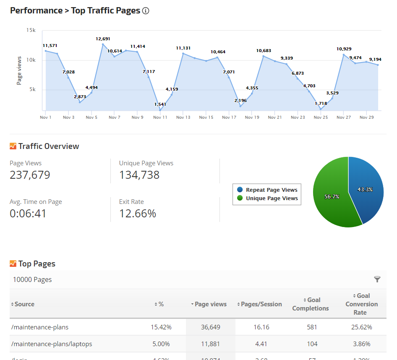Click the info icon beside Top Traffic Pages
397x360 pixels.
coord(146,11)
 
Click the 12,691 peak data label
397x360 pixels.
coord(103,39)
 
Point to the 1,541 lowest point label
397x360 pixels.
coord(160,104)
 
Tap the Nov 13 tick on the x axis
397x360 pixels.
coord(183,117)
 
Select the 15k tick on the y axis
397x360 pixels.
coord(31,30)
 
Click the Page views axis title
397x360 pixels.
coord(19,70)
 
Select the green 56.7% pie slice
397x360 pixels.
coord(332,196)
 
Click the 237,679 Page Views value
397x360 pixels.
coord(30,175)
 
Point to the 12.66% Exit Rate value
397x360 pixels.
coord(138,214)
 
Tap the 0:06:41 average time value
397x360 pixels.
coord(28,214)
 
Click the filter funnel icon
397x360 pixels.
coord(377,279)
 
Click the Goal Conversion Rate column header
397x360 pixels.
coord(361,304)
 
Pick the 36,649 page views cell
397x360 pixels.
coord(210,327)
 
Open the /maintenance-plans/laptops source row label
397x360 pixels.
coord(52,344)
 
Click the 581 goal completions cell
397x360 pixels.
coord(312,327)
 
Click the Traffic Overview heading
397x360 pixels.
coord(48,146)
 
